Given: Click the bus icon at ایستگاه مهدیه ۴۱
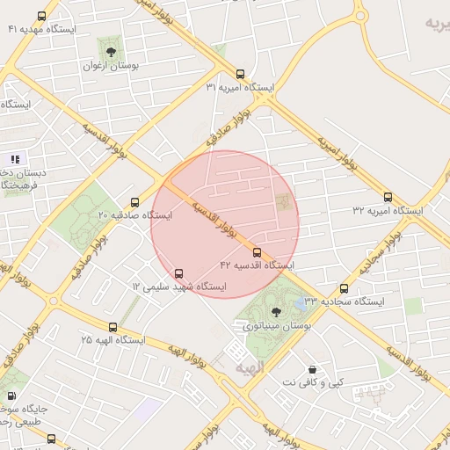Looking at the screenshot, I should click(42, 17).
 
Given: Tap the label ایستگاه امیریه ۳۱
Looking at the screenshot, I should click(240, 88).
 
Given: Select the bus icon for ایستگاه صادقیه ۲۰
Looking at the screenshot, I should click(134, 202).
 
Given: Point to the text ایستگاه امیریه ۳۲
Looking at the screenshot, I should click(388, 211).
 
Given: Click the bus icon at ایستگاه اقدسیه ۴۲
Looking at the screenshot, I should click(257, 252).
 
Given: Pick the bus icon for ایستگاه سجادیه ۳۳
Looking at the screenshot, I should click(344, 288).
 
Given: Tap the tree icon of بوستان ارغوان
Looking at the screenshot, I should click(110, 52).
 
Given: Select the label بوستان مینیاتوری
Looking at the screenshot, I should click(277, 326).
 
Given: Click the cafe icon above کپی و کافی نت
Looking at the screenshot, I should click(311, 369).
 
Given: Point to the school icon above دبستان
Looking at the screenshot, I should click(15, 159).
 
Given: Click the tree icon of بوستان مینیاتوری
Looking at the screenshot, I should click(277, 311).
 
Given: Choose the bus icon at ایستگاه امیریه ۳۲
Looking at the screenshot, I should click(388, 197).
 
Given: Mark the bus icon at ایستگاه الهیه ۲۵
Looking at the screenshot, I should click(114, 324).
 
